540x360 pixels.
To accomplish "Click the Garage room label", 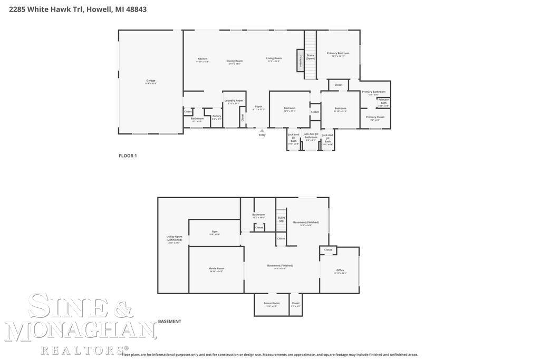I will pos(151,81).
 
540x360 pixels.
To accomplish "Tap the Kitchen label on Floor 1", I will pos(202,59).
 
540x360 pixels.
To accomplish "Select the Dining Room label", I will pos(235,61).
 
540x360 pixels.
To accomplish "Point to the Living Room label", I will pos(274,59).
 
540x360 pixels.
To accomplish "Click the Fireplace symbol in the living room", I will pos(300,60).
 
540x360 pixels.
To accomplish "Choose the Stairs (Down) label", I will pos(311,56).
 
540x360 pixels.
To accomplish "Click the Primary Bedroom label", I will pos(338,53).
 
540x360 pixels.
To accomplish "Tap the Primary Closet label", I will pos(375,117).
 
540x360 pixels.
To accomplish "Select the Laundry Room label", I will pos(234,101).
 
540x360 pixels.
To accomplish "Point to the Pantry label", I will pos(217,116).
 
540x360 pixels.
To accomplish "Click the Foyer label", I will pos(258,106).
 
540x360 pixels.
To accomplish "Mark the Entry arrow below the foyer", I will pos(262,130).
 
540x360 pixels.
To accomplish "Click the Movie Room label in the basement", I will pos(216,269).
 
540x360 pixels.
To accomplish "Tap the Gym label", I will pos(215,231).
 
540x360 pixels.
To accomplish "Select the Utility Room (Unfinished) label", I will pos(174,238).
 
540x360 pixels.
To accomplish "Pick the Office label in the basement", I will pos(340,270).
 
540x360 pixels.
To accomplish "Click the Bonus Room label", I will pos(272,303).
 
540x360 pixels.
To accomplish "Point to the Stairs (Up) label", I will pos(282,219).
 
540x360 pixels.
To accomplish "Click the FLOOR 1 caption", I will pos(128,155).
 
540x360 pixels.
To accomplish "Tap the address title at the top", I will pos(78,9).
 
